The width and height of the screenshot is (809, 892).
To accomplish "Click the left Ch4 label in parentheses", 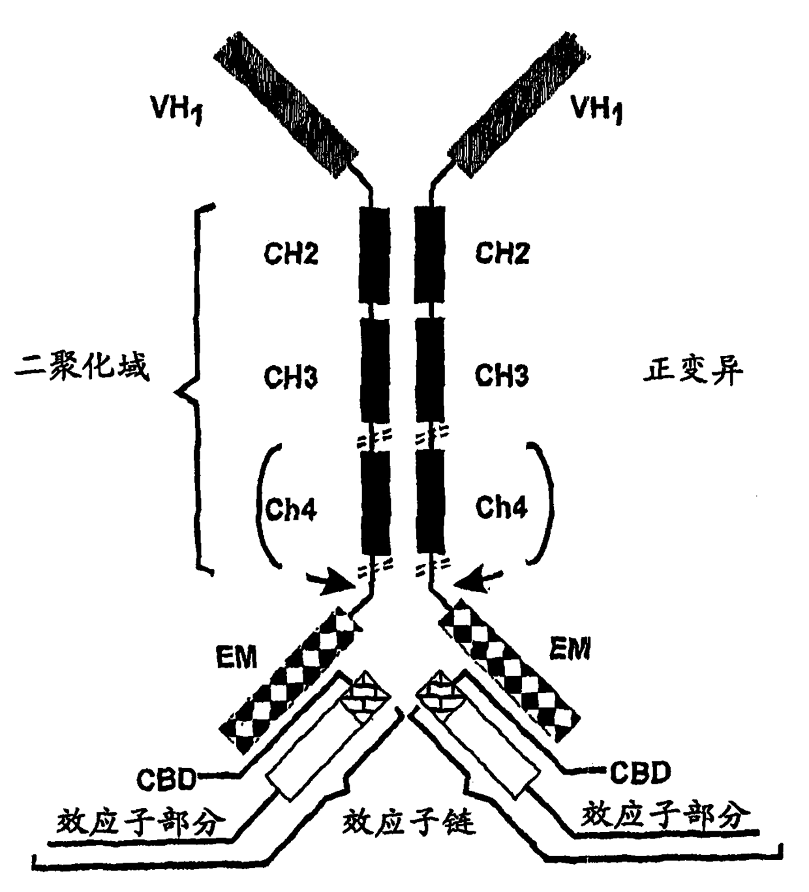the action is [291, 509].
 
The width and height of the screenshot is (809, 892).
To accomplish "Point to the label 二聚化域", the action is [82, 367].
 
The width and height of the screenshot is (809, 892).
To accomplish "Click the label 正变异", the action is [693, 372].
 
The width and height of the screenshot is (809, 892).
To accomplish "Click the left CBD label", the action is [166, 777].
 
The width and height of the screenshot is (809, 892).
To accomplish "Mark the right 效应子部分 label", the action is [665, 815].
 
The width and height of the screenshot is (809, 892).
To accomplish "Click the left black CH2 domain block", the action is [375, 254].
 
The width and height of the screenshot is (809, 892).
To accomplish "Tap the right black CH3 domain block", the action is [430, 369].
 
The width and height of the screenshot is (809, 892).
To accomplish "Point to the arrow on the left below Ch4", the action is [334, 580].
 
